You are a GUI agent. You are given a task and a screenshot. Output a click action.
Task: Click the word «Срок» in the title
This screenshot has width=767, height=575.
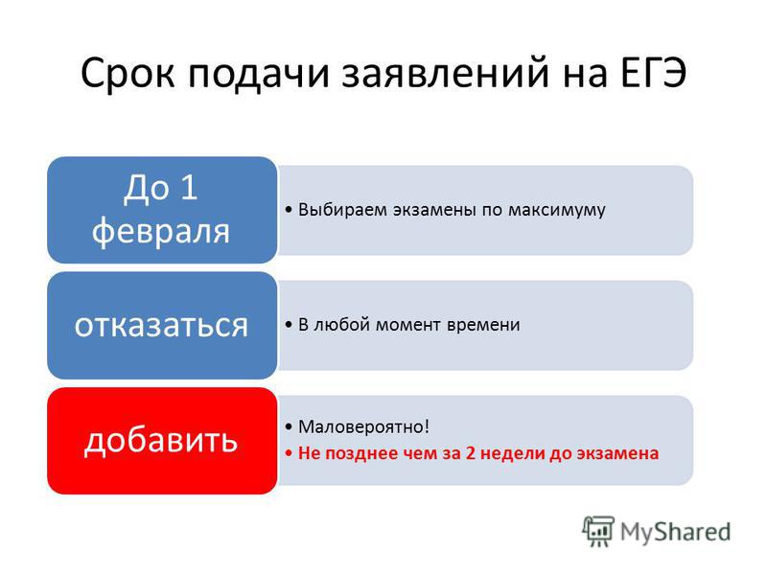pyautogui.click(x=128, y=74)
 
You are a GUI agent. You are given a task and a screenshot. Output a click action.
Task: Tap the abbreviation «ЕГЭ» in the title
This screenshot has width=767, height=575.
pyautogui.click(x=654, y=73)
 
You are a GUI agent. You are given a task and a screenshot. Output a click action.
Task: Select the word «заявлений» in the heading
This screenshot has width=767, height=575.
pyautogui.click(x=445, y=74)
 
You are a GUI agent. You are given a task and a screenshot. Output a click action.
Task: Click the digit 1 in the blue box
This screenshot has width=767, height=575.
pyautogui.click(x=188, y=187)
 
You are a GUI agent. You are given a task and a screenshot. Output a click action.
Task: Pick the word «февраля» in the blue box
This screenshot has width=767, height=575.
pyautogui.click(x=161, y=231)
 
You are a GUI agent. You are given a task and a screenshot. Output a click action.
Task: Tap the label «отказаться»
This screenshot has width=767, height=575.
pyautogui.click(x=161, y=325)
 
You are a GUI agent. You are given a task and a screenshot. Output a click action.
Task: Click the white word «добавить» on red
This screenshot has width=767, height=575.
pyautogui.click(x=161, y=440)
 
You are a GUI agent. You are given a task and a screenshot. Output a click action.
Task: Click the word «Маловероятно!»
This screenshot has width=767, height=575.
pyautogui.click(x=363, y=426)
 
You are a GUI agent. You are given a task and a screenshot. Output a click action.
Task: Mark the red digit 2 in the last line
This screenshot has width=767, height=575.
pyautogui.click(x=470, y=452)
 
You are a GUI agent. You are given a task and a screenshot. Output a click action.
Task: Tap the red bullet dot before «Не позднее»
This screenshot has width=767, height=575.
pyautogui.click(x=289, y=453)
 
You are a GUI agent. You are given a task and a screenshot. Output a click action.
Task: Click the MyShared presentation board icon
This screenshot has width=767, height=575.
pyautogui.click(x=598, y=531)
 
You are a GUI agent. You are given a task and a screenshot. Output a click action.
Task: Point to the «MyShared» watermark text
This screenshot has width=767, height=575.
pyautogui.click(x=675, y=532)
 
